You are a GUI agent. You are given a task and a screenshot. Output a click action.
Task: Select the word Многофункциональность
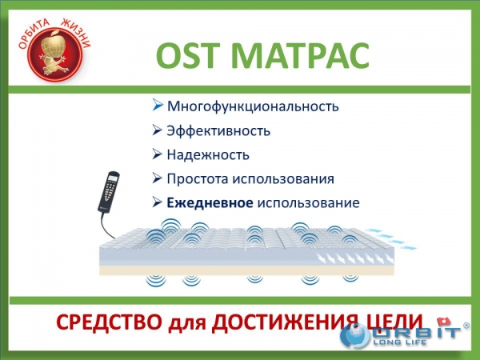pos(253,106)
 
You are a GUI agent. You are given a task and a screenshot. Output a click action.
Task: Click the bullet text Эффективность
pos(218,130)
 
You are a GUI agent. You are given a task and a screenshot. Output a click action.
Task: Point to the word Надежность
pos(208,155)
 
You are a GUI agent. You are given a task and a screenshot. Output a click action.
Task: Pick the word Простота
pos(198,178)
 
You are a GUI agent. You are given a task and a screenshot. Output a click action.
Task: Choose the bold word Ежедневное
pos(210,202)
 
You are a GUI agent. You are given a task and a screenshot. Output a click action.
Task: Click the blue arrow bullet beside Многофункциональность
pos(158,106)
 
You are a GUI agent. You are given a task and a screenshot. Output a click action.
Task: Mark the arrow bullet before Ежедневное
pos(157,202)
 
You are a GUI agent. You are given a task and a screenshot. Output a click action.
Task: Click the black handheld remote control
pos(108,192)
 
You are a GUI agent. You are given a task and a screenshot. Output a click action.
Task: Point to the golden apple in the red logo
pos(52,45)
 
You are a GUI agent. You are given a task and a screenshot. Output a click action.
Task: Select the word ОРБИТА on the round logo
pos(34,33)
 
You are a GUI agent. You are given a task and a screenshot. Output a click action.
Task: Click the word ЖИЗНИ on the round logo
pos(77,32)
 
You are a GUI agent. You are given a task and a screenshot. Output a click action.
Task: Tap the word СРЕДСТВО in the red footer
pos(110,322)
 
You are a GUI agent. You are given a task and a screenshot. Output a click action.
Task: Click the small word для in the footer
pos(186,324)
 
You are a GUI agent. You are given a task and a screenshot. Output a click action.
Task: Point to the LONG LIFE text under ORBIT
pos(399,342)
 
